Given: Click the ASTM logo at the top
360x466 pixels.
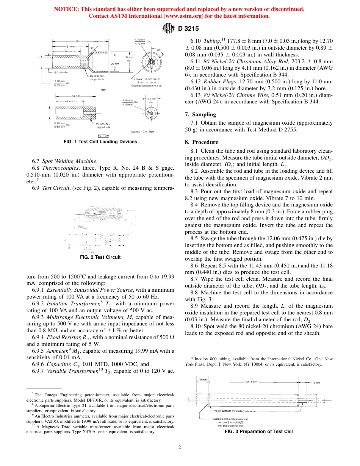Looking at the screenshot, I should click(x=167, y=28).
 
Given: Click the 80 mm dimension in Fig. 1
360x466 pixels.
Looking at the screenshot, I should click(x=79, y=41).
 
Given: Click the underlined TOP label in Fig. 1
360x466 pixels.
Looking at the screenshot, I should click(x=103, y=90).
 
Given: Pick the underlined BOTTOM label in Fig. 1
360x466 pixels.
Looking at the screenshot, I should click(x=103, y=135).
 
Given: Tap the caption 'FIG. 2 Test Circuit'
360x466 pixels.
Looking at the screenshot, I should click(x=100, y=257).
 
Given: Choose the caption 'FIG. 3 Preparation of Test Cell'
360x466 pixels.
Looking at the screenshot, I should click(x=259, y=432).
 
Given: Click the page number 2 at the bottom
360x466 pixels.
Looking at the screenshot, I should click(x=180, y=447).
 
